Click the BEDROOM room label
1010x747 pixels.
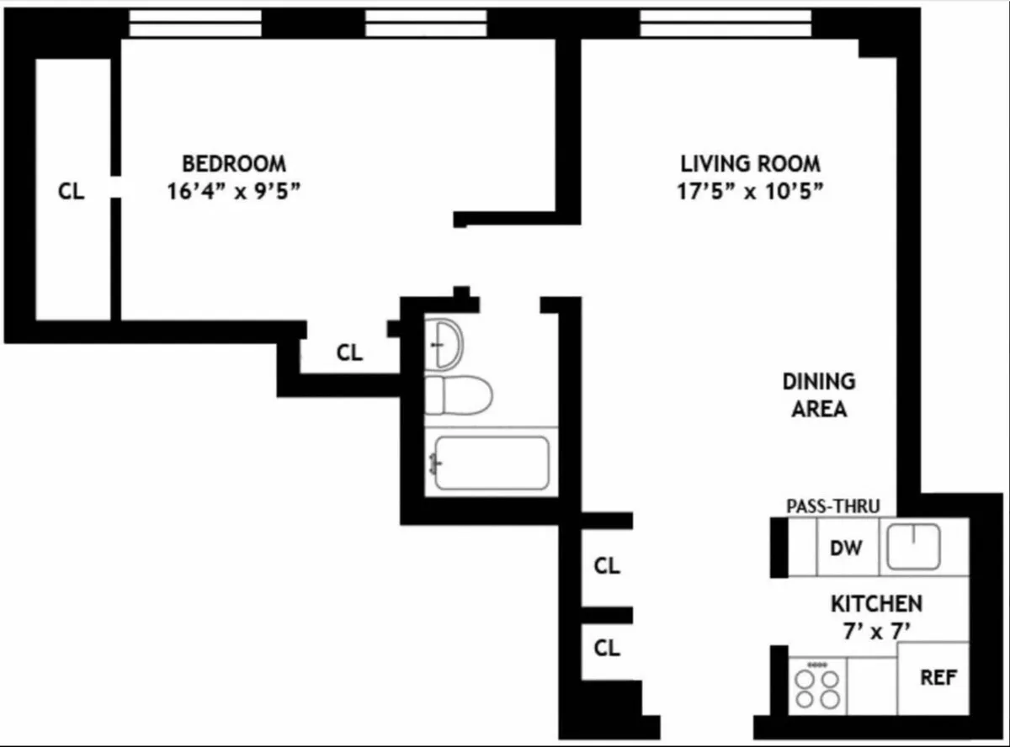click(234, 163)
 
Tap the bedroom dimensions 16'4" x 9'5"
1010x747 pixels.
click(234, 191)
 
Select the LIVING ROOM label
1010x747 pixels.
click(750, 163)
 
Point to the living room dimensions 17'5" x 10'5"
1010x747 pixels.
click(750, 191)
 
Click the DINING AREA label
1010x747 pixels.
click(819, 395)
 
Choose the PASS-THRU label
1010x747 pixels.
click(833, 506)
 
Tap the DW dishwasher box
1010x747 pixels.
click(847, 548)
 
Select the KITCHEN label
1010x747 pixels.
click(876, 603)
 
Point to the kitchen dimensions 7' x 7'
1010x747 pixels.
click(876, 630)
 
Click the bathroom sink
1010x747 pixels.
click(444, 343)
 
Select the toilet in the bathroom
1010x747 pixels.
click(457, 395)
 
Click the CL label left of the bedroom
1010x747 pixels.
click(72, 192)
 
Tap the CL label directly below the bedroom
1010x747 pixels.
click(349, 353)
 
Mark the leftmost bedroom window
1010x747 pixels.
click(194, 24)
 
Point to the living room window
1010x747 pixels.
click(726, 24)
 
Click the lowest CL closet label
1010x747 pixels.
click(607, 648)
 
